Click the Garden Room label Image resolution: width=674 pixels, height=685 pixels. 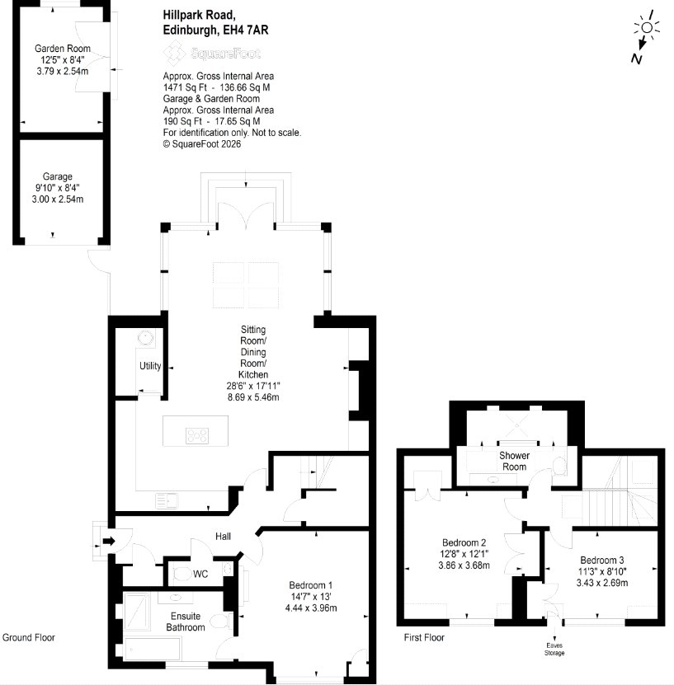click(x=63, y=49)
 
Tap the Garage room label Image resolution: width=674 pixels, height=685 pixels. click(x=57, y=176)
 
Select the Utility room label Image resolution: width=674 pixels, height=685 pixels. click(x=150, y=366)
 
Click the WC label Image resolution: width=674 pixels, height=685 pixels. click(x=200, y=574)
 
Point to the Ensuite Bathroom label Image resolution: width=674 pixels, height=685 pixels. click(x=186, y=622)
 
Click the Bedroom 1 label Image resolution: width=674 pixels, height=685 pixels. click(x=310, y=585)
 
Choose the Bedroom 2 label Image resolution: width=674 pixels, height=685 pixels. click(x=464, y=542)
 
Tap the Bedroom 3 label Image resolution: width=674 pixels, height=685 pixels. click(x=602, y=560)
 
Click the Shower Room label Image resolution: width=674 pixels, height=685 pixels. click(x=515, y=461)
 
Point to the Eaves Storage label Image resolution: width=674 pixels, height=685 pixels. click(x=554, y=650)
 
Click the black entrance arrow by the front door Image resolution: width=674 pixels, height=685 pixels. click(x=109, y=542)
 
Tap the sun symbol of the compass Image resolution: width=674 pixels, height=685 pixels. click(x=647, y=27)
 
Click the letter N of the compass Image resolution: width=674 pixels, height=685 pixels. click(x=636, y=59)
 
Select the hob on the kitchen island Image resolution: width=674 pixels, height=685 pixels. click(x=197, y=435)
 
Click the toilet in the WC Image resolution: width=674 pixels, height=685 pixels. click(x=182, y=573)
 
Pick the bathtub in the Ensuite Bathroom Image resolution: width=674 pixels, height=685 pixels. click(x=153, y=647)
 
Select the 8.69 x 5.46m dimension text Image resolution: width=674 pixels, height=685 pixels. click(x=253, y=397)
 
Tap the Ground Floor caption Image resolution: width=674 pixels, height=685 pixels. click(x=29, y=637)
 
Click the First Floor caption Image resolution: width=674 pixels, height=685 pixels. click(x=424, y=637)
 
